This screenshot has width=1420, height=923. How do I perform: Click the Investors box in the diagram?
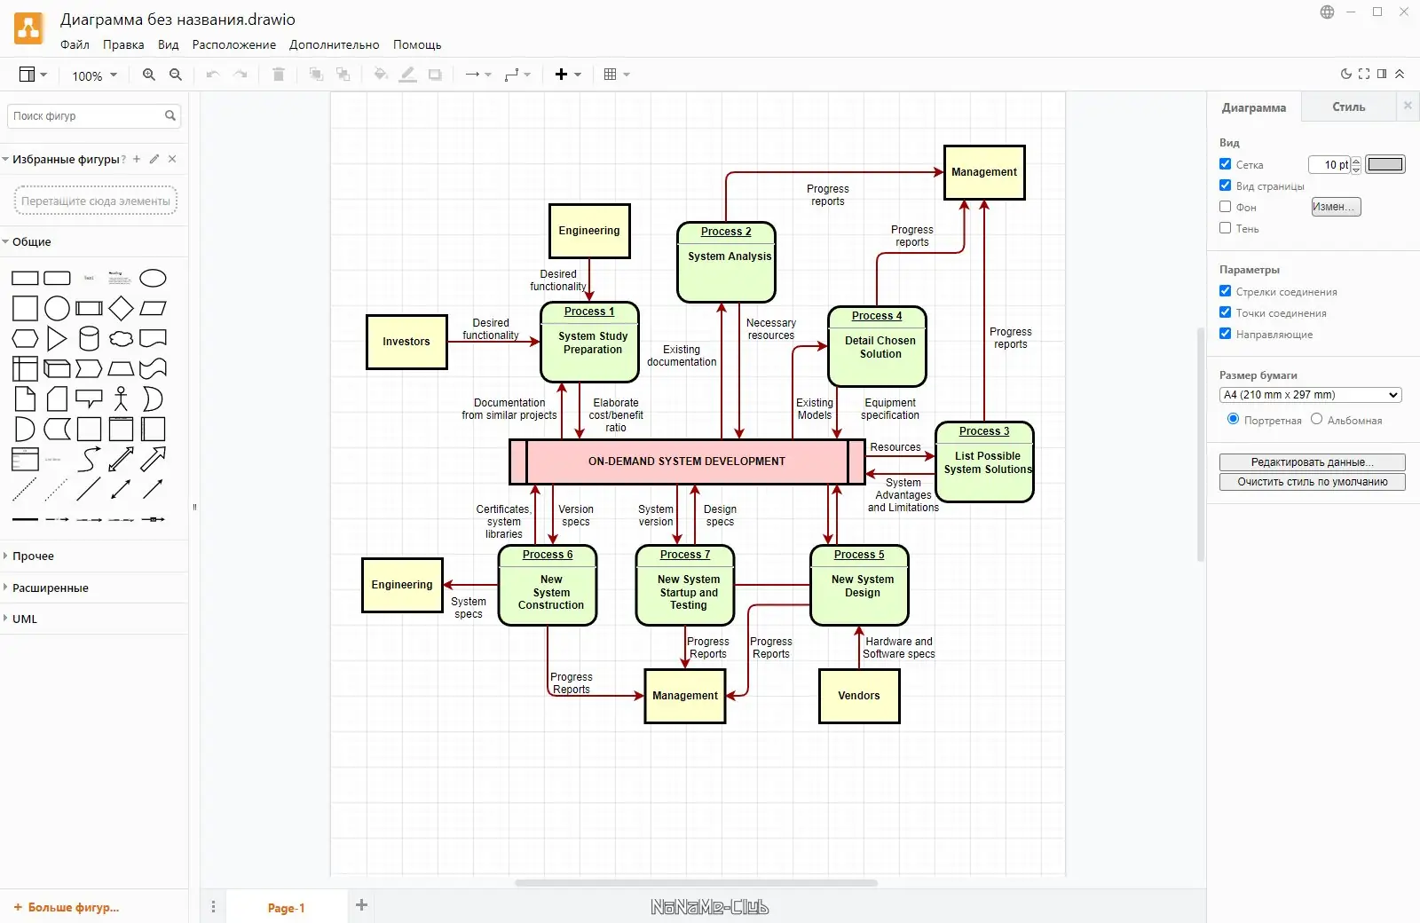(406, 342)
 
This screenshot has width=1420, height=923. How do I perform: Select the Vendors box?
(859, 696)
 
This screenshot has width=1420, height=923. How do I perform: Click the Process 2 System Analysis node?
(726, 263)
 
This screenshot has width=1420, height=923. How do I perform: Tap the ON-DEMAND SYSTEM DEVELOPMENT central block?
(687, 461)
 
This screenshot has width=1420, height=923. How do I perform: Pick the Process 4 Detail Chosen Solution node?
(877, 347)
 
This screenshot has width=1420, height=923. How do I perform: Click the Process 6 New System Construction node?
(548, 586)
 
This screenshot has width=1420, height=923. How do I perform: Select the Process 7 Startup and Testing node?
(685, 586)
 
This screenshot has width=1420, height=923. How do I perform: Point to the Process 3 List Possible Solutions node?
(984, 462)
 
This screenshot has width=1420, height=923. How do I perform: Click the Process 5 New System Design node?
(859, 586)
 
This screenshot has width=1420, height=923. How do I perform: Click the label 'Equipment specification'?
(890, 409)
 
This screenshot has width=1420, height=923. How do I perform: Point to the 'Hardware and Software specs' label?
(899, 648)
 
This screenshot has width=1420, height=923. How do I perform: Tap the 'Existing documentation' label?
(682, 356)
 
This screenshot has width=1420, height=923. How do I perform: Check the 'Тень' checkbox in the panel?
(1226, 228)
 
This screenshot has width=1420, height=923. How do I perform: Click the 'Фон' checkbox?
(1226, 207)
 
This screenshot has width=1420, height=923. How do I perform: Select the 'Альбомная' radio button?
(1317, 419)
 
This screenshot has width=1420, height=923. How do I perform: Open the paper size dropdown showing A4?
(1311, 395)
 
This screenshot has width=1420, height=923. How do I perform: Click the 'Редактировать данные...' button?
(1312, 462)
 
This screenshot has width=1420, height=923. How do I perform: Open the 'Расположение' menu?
(234, 44)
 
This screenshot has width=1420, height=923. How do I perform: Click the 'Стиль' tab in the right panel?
(1348, 107)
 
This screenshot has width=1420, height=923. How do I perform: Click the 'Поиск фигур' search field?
(86, 116)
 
